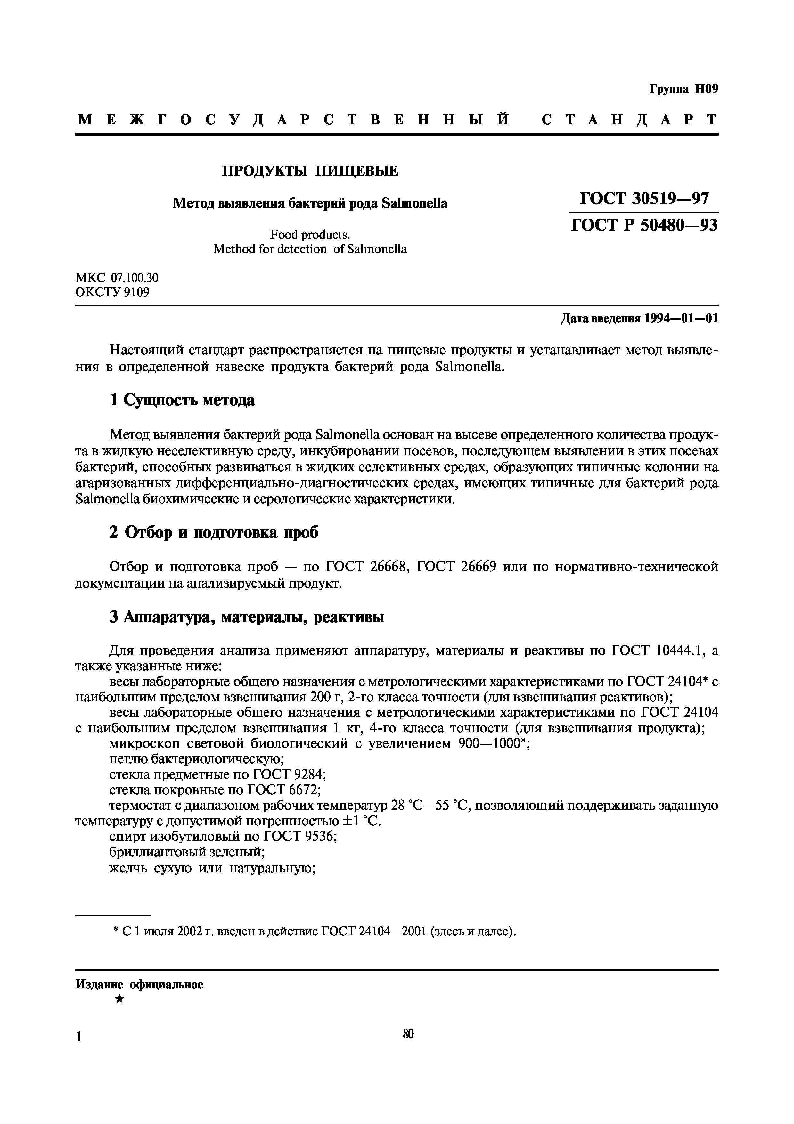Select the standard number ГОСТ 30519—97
(x=643, y=198)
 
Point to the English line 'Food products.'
(x=310, y=235)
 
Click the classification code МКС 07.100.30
(x=117, y=277)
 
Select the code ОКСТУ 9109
(x=112, y=292)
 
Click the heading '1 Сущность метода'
(x=182, y=400)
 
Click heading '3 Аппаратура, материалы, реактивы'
(x=247, y=617)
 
